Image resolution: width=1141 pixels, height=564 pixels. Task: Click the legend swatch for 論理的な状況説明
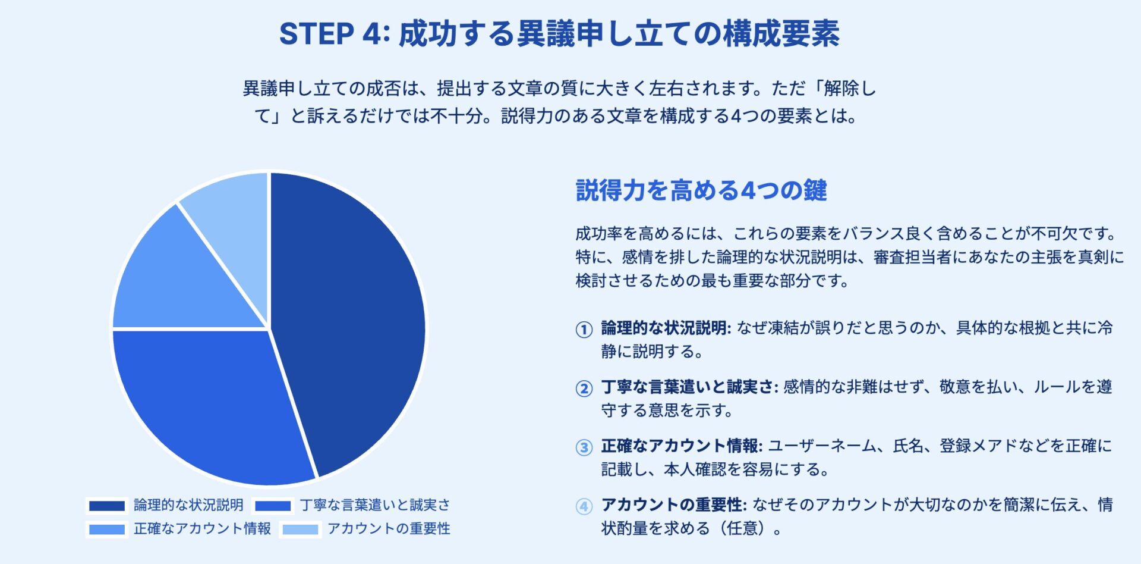tap(107, 506)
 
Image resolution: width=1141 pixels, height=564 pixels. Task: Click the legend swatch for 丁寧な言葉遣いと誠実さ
tap(273, 506)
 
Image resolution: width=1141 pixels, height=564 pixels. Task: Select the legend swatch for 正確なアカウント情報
tap(107, 529)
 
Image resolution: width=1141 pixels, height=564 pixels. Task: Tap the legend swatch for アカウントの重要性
tap(301, 529)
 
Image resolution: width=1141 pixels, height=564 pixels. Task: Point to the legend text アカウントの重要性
tap(389, 528)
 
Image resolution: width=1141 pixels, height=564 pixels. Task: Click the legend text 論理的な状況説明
tap(188, 505)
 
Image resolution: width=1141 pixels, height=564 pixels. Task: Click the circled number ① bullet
tap(584, 329)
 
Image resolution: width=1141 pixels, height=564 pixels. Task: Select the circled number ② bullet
tap(584, 388)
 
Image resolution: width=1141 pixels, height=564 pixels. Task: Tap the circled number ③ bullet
tap(584, 447)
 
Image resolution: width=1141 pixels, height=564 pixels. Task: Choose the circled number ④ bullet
tap(584, 506)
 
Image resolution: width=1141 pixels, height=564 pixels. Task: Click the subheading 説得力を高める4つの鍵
tap(701, 190)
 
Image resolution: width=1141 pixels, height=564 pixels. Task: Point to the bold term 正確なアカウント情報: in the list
tap(682, 446)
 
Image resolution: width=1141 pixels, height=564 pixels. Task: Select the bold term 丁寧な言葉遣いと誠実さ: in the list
tap(689, 387)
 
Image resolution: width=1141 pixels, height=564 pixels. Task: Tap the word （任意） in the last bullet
tap(743, 528)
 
